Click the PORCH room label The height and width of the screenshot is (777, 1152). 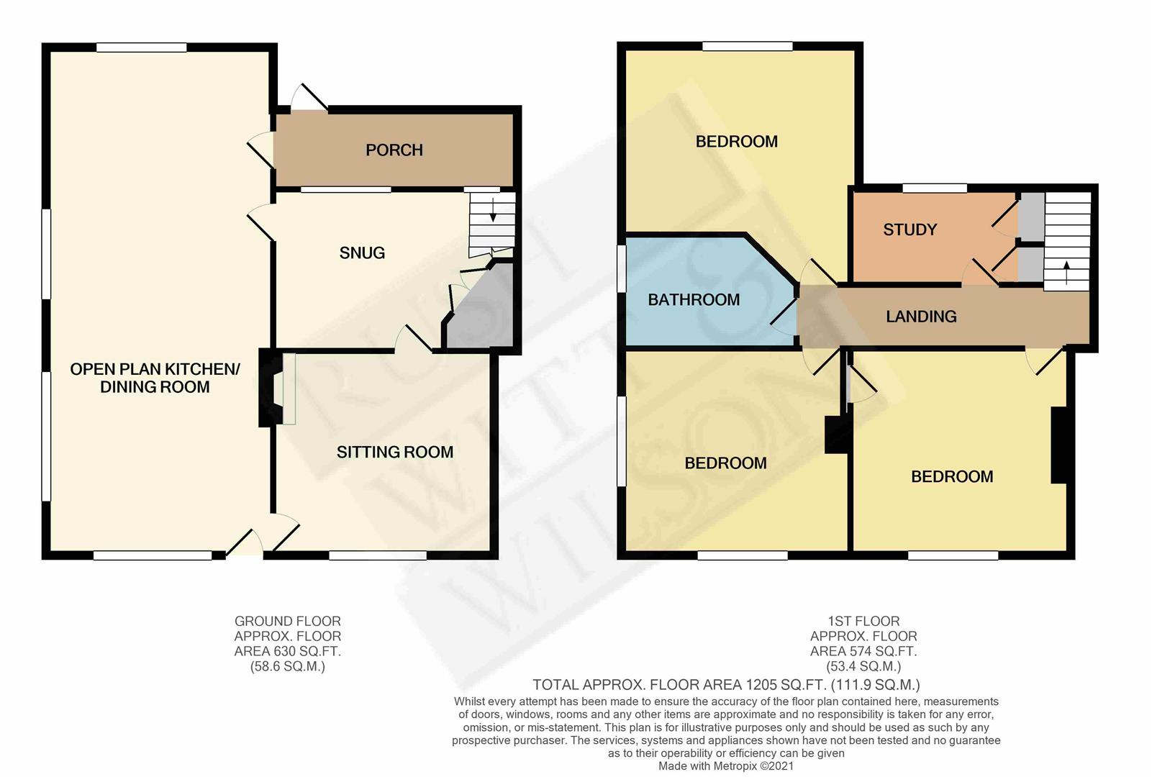[x=394, y=150]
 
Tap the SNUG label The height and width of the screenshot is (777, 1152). [x=362, y=253]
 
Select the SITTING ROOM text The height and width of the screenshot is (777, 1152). [x=395, y=452]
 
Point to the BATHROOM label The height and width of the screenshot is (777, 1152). [x=694, y=300]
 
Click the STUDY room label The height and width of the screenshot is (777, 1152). [x=910, y=230]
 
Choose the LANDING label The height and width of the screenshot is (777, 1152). [x=921, y=317]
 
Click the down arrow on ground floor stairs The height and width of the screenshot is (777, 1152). [x=493, y=211]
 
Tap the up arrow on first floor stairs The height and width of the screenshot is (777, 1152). [x=1066, y=273]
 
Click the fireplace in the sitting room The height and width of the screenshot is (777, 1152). [x=271, y=388]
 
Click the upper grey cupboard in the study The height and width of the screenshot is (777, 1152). [x=1032, y=217]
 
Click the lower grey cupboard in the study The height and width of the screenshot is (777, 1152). [x=1030, y=265]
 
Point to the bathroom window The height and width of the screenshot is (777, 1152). [x=621, y=269]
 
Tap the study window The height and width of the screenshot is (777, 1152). [x=935, y=188]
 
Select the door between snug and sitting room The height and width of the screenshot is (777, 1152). [x=414, y=339]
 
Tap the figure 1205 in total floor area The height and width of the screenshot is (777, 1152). [x=758, y=685]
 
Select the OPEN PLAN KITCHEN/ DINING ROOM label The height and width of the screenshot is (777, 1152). [x=155, y=378]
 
